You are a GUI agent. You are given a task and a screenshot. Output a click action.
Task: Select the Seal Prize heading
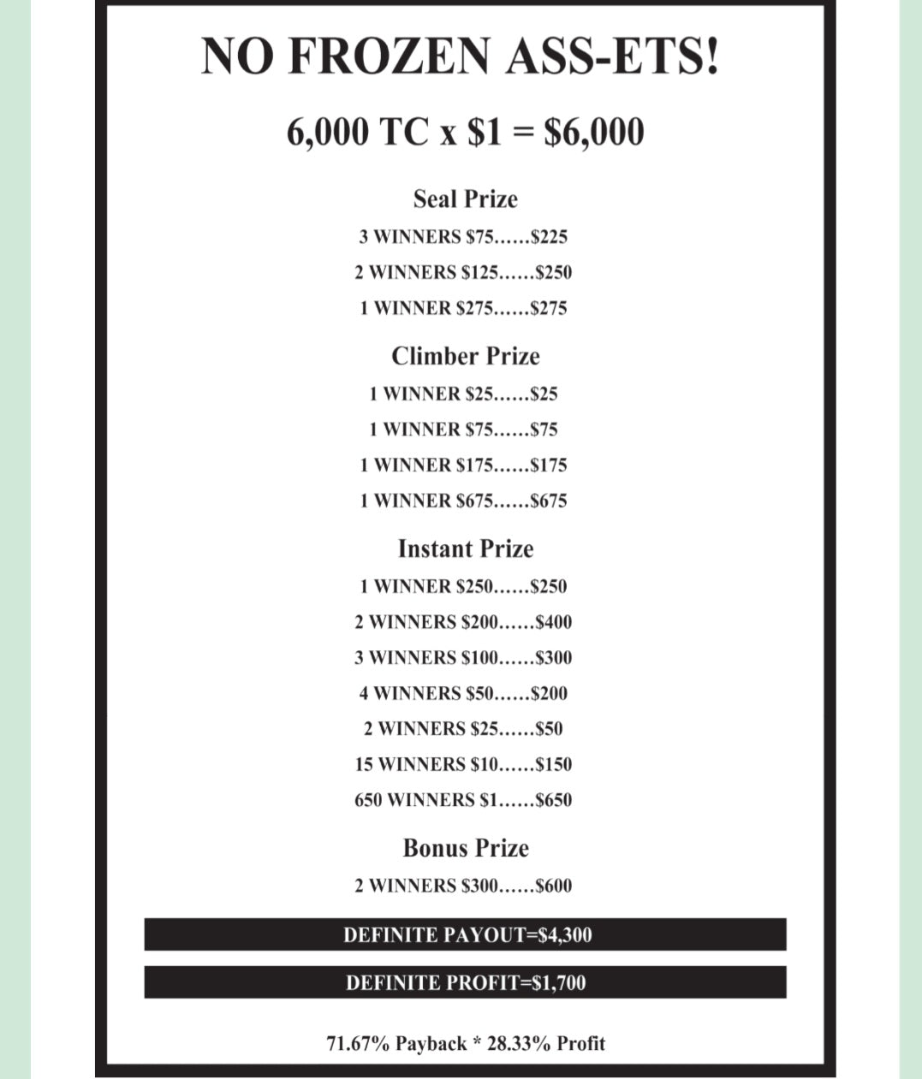(x=465, y=199)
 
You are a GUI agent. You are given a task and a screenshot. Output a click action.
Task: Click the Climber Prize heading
(x=465, y=356)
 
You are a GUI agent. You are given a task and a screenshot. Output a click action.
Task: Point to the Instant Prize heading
(x=465, y=548)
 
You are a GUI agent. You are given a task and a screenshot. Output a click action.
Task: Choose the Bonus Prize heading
(x=465, y=848)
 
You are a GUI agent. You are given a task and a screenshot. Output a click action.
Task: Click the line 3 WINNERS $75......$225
(x=463, y=237)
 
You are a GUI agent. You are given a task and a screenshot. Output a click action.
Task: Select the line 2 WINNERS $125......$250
(x=463, y=273)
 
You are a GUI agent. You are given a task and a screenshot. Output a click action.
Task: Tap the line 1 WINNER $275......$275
(x=463, y=308)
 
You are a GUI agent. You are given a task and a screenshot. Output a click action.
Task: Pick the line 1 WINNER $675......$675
(x=463, y=501)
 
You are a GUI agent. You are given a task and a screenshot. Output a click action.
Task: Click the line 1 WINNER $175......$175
(x=463, y=465)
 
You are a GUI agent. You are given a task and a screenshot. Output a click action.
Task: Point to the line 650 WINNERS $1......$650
(x=463, y=800)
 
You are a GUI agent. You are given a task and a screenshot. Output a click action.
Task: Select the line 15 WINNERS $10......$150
(x=463, y=764)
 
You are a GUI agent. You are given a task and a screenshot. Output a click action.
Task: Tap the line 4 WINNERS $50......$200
(x=463, y=693)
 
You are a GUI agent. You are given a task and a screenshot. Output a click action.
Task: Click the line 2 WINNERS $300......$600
(x=463, y=886)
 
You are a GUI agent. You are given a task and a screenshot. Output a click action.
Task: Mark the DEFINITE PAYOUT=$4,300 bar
(x=465, y=934)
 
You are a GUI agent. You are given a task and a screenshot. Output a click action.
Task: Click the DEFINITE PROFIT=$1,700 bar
(x=465, y=982)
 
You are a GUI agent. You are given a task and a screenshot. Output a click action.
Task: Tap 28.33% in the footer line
(x=519, y=1044)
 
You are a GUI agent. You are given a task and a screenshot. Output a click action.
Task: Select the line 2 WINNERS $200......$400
(x=463, y=622)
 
